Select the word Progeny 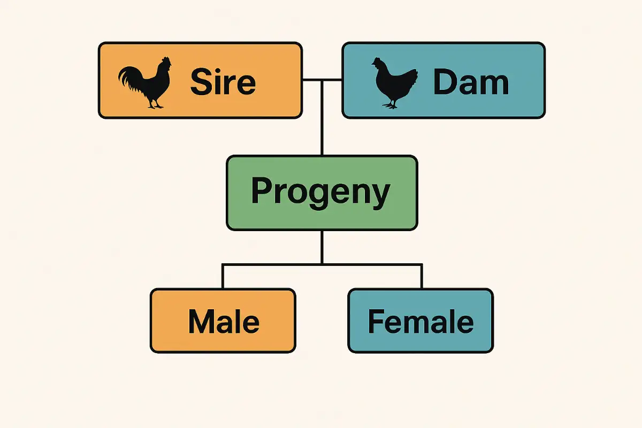coord(321,192)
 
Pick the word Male coord(224,322)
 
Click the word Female coord(421,322)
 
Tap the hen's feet coord(392,105)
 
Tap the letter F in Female coord(375,322)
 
